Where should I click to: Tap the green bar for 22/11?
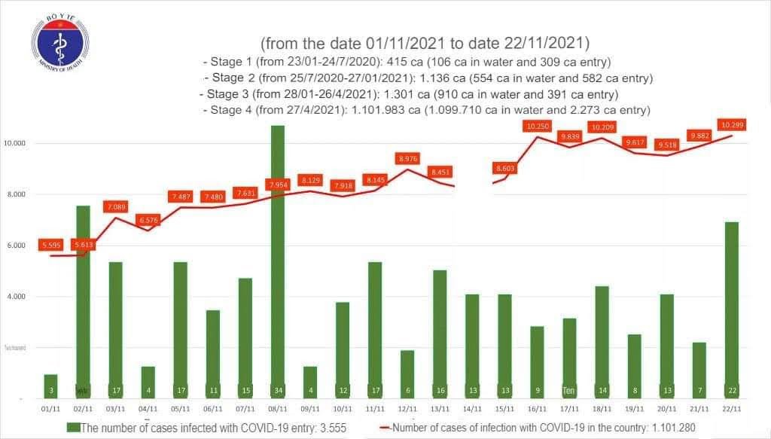730,309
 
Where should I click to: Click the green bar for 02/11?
83,301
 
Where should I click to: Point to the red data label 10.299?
733,125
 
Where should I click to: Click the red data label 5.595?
51,245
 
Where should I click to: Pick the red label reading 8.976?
407,159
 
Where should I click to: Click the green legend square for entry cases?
72,428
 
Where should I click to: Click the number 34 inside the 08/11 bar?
278,391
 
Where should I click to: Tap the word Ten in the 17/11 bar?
569,391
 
